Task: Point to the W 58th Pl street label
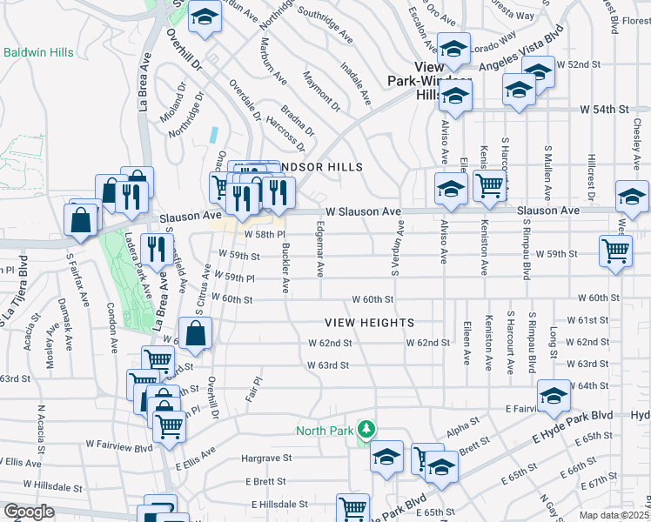coord(265,235)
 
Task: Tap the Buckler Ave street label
coord(285,268)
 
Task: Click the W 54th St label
coord(604,110)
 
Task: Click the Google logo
coord(29,512)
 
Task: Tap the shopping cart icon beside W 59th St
coord(616,251)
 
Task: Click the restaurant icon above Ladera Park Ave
coord(157,249)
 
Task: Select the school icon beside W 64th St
coord(553,396)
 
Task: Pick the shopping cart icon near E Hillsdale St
coord(353,508)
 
